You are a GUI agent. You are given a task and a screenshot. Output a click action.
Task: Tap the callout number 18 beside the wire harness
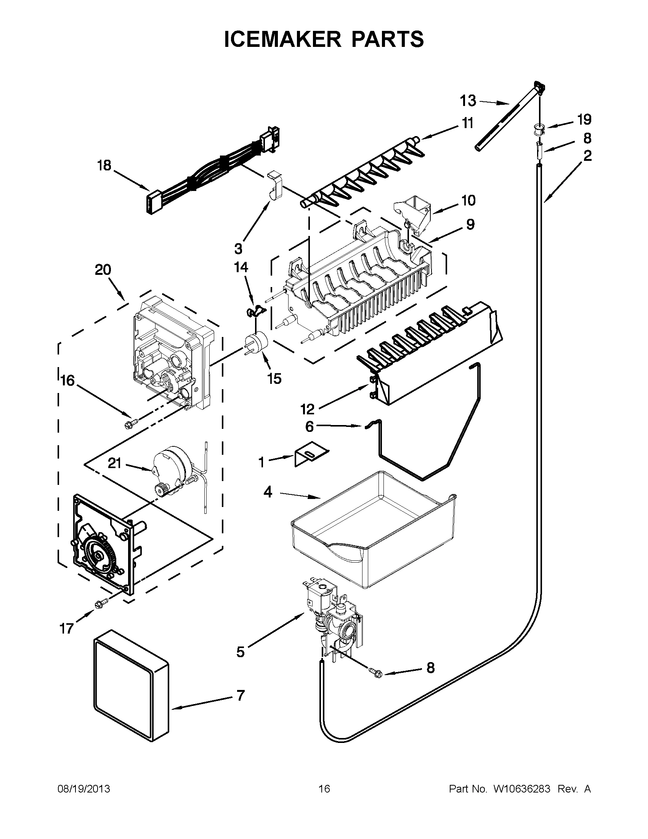point(104,166)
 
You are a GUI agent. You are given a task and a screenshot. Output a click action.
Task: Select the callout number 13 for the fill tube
point(468,101)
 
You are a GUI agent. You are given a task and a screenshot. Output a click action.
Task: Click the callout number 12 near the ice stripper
point(308,409)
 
